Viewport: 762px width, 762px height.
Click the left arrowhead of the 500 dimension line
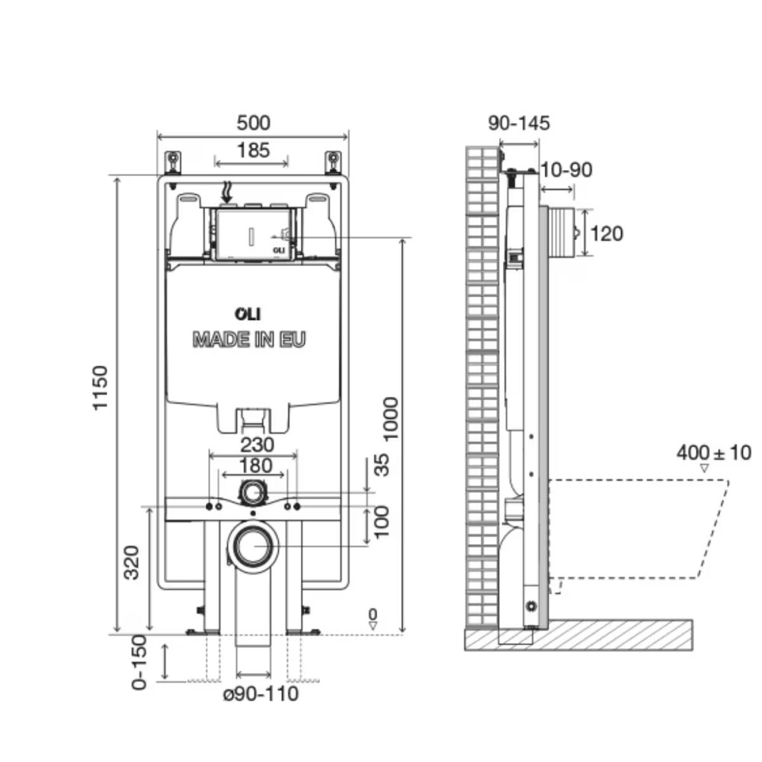(x=159, y=136)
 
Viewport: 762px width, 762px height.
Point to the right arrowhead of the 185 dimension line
(x=287, y=163)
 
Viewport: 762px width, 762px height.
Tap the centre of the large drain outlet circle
(x=253, y=546)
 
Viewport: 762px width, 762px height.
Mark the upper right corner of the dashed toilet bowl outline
(x=729, y=481)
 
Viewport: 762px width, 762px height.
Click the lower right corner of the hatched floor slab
(x=693, y=650)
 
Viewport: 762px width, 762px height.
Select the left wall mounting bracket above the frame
(x=172, y=162)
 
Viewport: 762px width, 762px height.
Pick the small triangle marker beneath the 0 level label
(x=373, y=626)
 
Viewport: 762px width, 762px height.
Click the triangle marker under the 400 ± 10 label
(x=703, y=469)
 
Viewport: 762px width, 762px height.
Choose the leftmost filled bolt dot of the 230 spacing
(x=210, y=507)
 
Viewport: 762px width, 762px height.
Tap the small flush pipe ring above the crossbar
(x=252, y=493)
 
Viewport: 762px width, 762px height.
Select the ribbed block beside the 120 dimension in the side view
(x=563, y=232)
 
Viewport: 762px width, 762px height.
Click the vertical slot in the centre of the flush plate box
(x=251, y=237)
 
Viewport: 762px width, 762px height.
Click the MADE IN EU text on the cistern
(x=249, y=339)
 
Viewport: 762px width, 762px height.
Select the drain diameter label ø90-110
(x=261, y=694)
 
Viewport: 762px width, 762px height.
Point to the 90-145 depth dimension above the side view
(x=519, y=123)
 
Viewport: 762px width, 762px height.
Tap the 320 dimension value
(x=132, y=563)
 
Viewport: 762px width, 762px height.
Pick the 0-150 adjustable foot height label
(x=139, y=662)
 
